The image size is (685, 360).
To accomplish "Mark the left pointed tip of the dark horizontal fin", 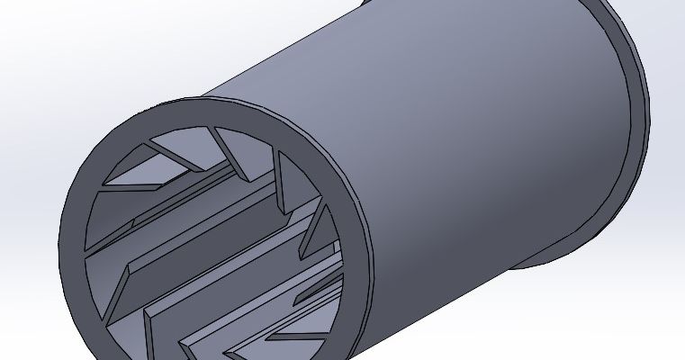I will pyautogui.click(x=101, y=186).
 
